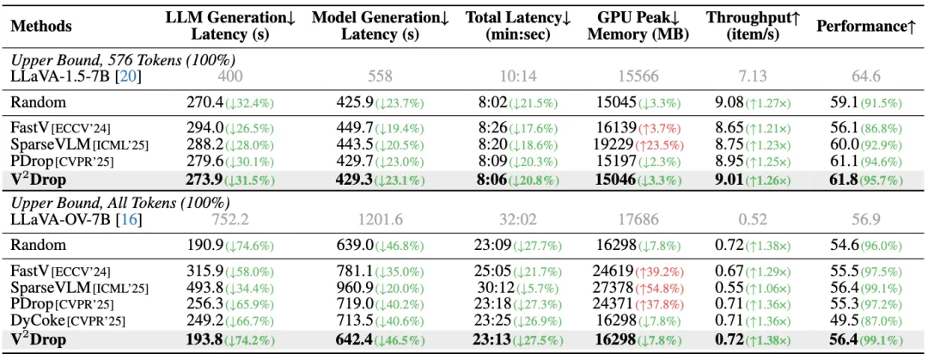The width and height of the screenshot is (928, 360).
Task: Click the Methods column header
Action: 40,26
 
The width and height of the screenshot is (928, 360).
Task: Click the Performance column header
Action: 865,26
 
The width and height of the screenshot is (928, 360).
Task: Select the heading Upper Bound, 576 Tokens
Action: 123,59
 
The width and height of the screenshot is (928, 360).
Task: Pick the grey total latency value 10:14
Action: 518,77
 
